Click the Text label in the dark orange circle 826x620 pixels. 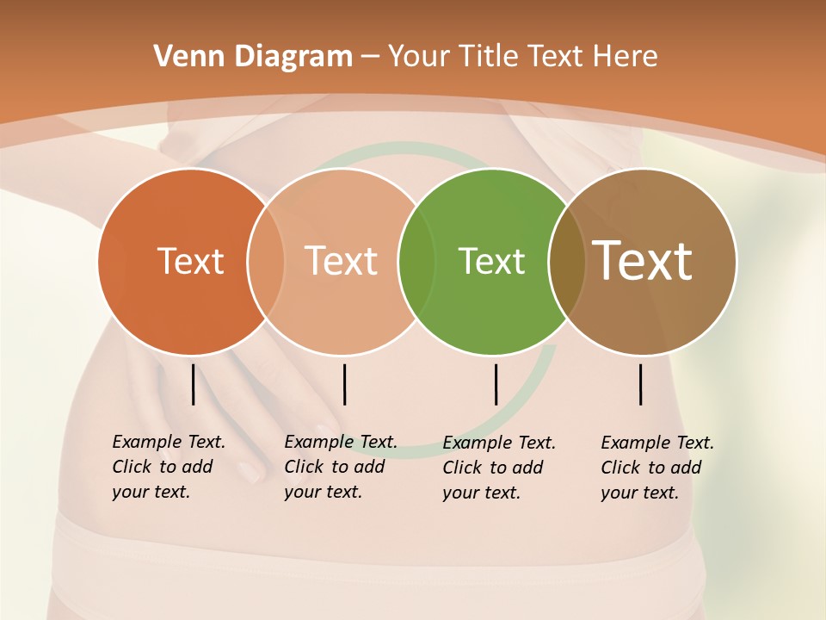190,261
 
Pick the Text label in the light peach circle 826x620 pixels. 342,261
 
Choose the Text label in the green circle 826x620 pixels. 491,261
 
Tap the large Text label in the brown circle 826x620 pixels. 643,261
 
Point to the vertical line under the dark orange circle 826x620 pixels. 193,384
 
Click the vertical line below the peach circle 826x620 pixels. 344,384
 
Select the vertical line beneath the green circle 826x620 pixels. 496,384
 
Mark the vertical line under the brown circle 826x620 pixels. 641,384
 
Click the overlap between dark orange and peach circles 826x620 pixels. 266,262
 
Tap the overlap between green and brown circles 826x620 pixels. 567,262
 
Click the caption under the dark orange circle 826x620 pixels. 168,467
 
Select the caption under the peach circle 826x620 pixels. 340,467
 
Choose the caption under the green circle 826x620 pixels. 498,468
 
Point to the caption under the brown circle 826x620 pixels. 656,468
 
